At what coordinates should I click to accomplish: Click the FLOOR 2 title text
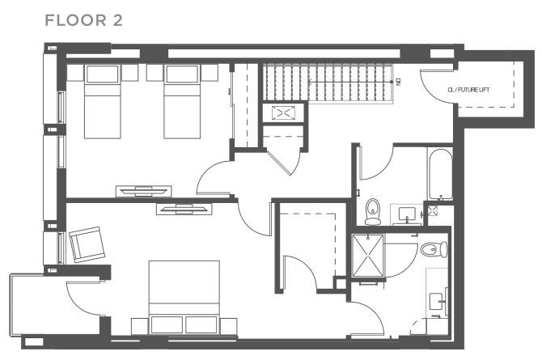click(84, 20)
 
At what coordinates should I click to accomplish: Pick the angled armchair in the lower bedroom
click(87, 244)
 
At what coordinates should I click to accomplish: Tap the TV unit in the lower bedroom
click(184, 210)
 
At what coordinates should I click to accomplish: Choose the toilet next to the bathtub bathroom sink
click(373, 211)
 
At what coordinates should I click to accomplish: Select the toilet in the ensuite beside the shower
click(433, 249)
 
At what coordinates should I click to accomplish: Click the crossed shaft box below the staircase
click(283, 113)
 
